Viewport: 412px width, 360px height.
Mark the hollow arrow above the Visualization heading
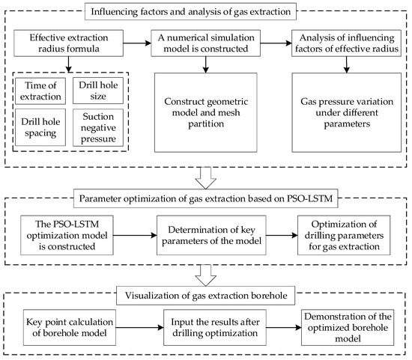205,272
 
